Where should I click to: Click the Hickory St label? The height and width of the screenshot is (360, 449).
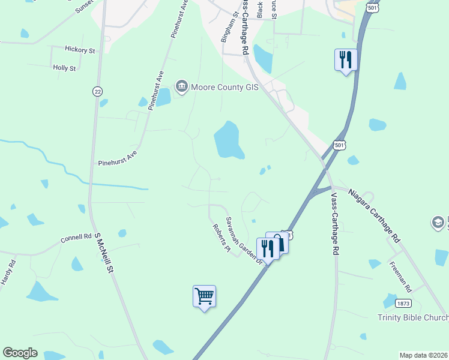pyautogui.click(x=80, y=50)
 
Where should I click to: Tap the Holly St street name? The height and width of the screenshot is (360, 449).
pyautogui.click(x=64, y=68)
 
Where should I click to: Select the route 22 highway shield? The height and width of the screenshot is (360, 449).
pyautogui.click(x=97, y=91)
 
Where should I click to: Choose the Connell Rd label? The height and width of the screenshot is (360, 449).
pyautogui.click(x=76, y=238)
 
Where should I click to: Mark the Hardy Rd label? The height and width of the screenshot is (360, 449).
pyautogui.click(x=7, y=271)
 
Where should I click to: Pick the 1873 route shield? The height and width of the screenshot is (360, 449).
pyautogui.click(x=403, y=304)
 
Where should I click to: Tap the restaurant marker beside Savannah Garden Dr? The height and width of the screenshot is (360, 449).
pyautogui.click(x=268, y=248)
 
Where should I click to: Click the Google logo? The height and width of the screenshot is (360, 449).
pyautogui.click(x=20, y=353)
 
